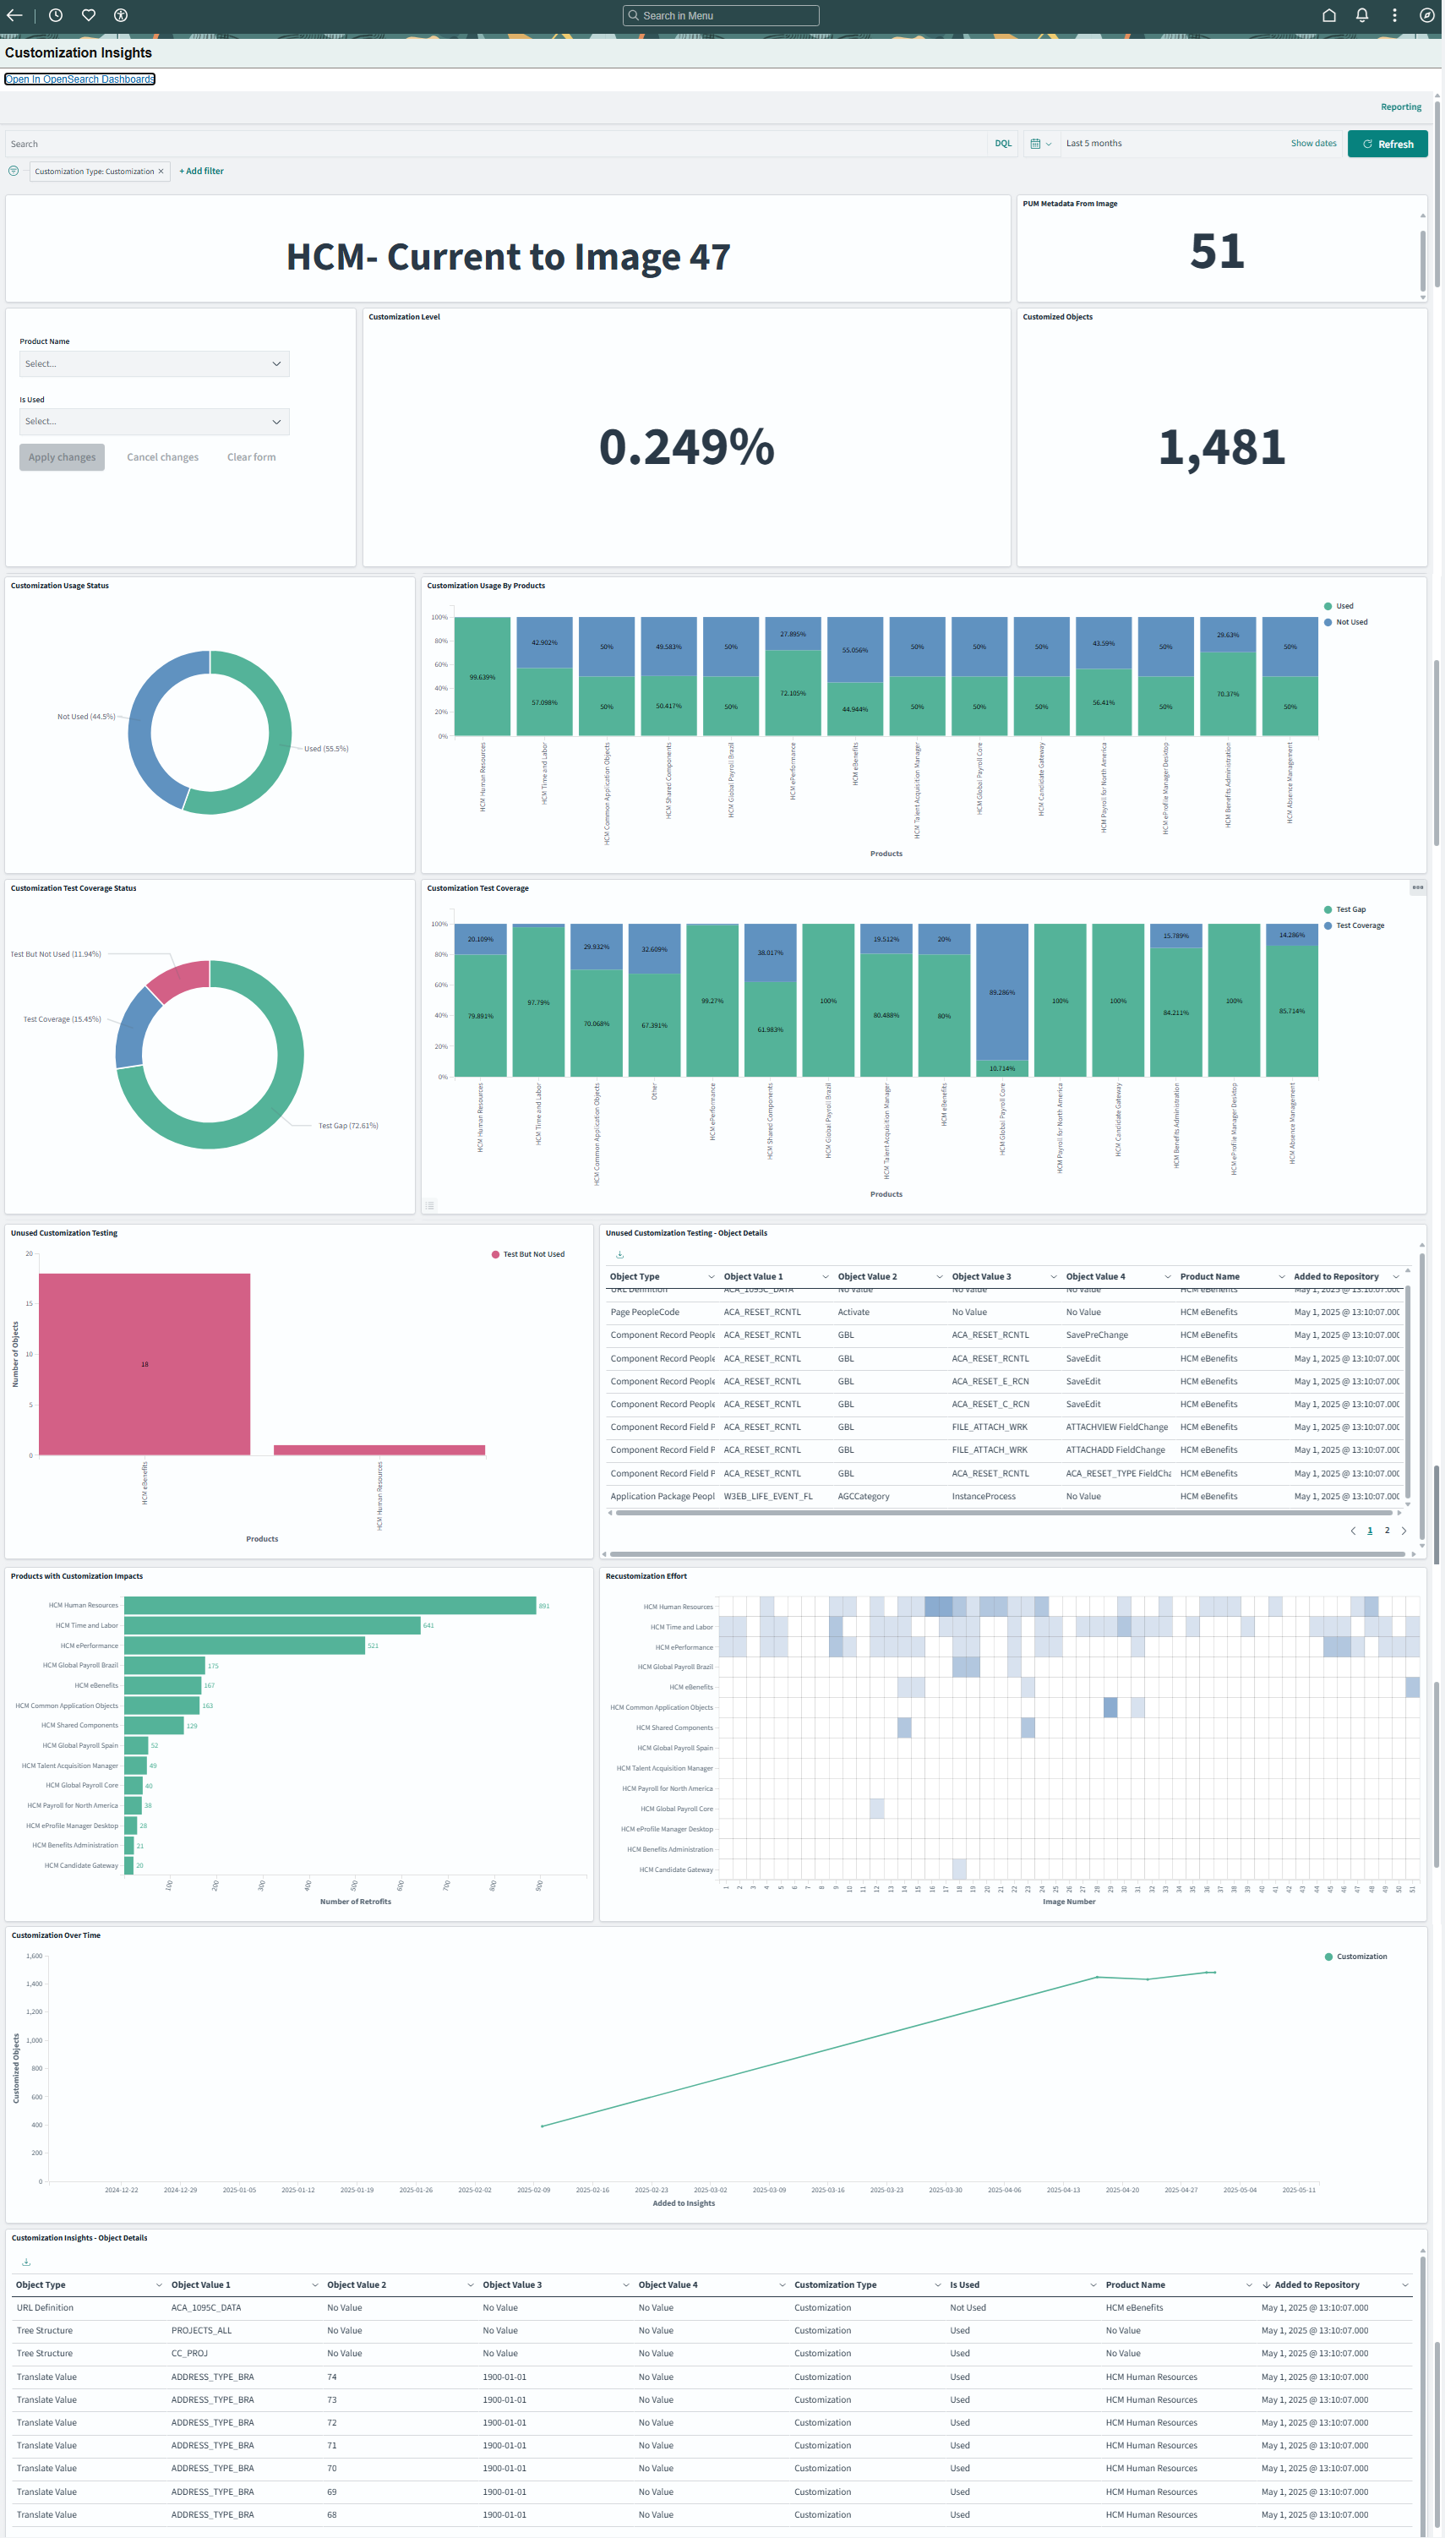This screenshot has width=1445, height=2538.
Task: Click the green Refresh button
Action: pyautogui.click(x=1387, y=144)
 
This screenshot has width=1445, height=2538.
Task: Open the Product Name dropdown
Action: pyautogui.click(x=154, y=363)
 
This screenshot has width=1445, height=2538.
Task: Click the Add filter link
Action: pyautogui.click(x=201, y=171)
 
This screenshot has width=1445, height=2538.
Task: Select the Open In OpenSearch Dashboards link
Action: pyautogui.click(x=79, y=79)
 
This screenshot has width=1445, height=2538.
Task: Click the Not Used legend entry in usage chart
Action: pyautogui.click(x=1350, y=622)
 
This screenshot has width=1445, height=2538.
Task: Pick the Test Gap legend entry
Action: pyautogui.click(x=1350, y=909)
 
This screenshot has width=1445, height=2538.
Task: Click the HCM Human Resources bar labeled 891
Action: pyautogui.click(x=330, y=1605)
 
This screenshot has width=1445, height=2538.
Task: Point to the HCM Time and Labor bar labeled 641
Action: pyautogui.click(x=272, y=1625)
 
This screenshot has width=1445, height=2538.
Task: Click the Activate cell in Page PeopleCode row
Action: pyautogui.click(x=853, y=1313)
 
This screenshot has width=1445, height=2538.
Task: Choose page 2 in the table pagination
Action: pyautogui.click(x=1387, y=1531)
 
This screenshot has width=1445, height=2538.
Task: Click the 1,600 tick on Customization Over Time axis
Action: pyautogui.click(x=34, y=1956)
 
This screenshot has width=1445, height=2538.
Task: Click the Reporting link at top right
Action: pyautogui.click(x=1400, y=107)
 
